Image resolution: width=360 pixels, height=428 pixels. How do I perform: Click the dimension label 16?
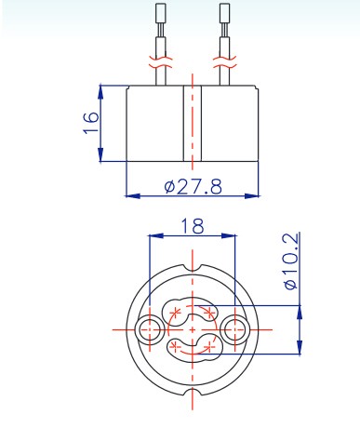pyautogui.click(x=91, y=122)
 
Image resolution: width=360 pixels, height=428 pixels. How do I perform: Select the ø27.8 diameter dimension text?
pyautogui.click(x=193, y=186)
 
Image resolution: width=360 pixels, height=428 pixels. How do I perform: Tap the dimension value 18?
pyautogui.click(x=193, y=226)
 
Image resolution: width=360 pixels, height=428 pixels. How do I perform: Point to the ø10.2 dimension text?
pyautogui.click(x=291, y=261)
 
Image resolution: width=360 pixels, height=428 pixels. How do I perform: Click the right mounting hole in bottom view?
pyautogui.click(x=235, y=329)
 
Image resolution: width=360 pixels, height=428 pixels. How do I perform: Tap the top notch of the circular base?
pyautogui.click(x=193, y=268)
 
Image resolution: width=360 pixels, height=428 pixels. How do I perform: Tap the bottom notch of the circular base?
pyautogui.click(x=193, y=392)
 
